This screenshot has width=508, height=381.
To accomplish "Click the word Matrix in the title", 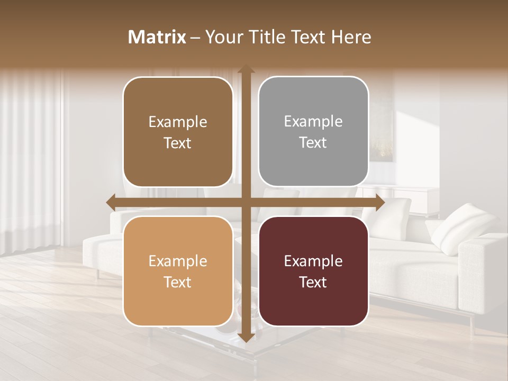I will tap(157, 37).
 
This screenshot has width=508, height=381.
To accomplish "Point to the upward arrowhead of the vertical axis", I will tap(246, 70).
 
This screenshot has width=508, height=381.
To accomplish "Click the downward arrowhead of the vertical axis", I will tap(246, 337).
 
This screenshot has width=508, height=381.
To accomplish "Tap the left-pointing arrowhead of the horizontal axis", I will tap(112, 203).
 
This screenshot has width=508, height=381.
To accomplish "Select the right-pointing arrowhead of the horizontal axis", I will tap(379, 203).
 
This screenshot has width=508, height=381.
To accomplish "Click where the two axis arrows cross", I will tap(246, 203).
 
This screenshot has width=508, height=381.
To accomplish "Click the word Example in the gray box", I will tap(313, 122).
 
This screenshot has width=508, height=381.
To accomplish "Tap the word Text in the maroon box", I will tap(313, 282).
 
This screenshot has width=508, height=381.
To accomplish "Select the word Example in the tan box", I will tap(178, 261).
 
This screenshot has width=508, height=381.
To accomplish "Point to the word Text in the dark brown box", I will tap(178, 143).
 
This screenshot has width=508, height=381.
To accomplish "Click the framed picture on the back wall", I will tap(382, 127).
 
